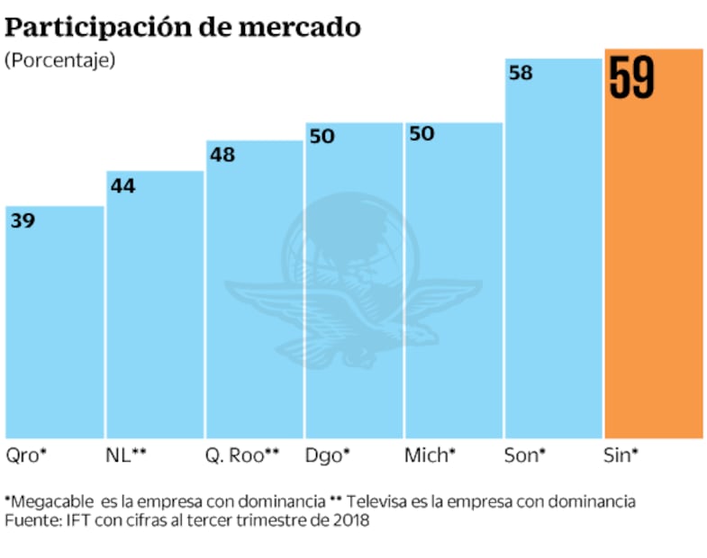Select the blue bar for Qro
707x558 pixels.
tap(54, 324)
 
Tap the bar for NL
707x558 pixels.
tap(154, 306)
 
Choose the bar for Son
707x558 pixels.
tap(553, 252)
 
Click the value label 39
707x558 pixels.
tap(23, 220)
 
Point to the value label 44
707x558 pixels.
tap(122, 185)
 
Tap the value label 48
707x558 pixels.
tap(222, 155)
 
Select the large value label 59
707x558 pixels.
tap(631, 79)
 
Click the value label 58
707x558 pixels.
tap(521, 74)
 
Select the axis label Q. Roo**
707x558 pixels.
tap(241, 455)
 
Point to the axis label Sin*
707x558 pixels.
tap(620, 455)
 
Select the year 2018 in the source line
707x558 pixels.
tap(351, 520)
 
